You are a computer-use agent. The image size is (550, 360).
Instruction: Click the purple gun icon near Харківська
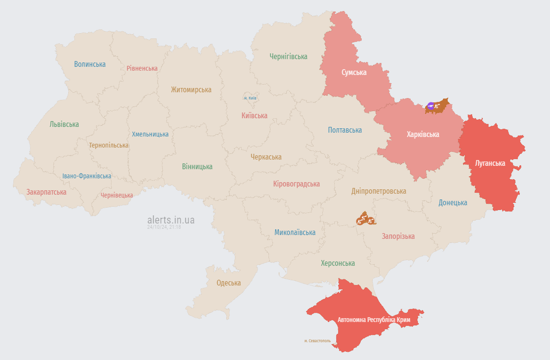(431, 106)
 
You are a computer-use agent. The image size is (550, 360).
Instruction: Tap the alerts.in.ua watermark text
(171, 220)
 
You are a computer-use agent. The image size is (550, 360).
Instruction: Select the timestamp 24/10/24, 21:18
(164, 227)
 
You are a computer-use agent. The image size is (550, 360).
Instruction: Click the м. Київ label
(250, 98)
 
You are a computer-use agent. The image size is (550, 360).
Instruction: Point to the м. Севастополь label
(317, 341)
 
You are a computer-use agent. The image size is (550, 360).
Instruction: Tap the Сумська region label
(354, 73)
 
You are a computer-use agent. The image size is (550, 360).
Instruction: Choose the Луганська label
(489, 163)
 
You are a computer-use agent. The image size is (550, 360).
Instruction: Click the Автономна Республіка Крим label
(374, 320)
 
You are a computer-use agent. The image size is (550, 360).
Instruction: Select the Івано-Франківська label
(86, 176)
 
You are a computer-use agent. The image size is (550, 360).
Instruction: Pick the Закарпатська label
(46, 192)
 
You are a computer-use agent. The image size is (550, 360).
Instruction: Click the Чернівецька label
(117, 195)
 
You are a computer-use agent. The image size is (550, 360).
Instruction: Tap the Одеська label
(228, 283)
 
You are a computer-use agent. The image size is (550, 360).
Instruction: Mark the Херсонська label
(338, 263)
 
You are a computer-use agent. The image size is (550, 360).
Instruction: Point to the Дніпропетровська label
(379, 191)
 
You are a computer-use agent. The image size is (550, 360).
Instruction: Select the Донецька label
(452, 202)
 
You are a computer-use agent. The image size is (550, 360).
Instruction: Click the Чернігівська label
(288, 57)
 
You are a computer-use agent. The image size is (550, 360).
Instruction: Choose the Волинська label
(90, 64)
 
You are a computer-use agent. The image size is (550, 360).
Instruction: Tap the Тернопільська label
(109, 145)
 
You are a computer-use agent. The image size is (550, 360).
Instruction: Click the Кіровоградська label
(296, 184)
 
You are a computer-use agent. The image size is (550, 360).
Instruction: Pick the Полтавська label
(344, 130)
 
